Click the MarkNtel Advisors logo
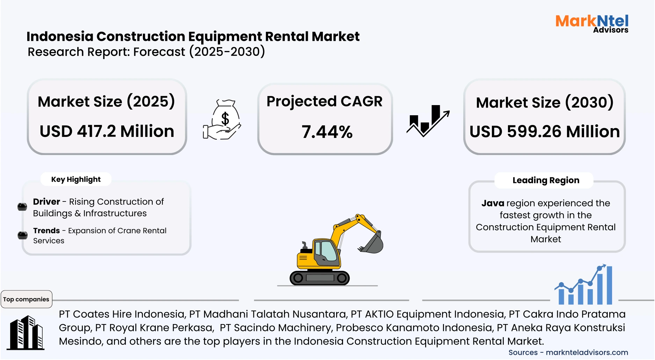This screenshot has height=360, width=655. (x=592, y=23)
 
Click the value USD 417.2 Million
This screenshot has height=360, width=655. (x=107, y=131)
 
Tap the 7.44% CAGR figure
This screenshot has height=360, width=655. (x=327, y=132)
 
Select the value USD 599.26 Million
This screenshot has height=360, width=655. (x=544, y=132)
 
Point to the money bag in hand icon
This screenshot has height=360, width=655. (x=223, y=120)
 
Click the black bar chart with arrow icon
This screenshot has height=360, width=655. (x=428, y=120)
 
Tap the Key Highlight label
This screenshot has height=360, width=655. (x=76, y=179)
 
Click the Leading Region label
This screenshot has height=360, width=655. (x=546, y=180)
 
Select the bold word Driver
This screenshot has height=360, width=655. (x=46, y=202)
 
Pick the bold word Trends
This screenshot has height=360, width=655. (x=46, y=231)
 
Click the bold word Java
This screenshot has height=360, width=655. (x=493, y=203)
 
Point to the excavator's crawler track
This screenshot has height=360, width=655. (x=320, y=278)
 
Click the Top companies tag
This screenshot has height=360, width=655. (x=26, y=299)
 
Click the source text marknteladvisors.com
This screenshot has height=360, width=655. (x=587, y=353)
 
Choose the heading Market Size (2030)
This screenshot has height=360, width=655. (x=544, y=103)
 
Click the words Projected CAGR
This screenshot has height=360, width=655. (x=324, y=101)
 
